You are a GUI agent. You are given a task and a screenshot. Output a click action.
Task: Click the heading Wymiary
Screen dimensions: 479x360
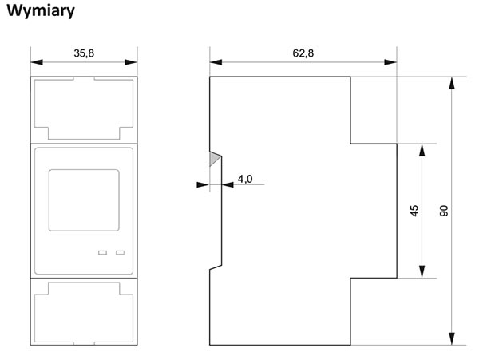[x=41, y=11]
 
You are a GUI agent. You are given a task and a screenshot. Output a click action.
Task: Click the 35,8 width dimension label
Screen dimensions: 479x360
[x=84, y=53]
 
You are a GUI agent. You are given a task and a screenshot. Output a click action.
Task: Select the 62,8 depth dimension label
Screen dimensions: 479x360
[x=303, y=53]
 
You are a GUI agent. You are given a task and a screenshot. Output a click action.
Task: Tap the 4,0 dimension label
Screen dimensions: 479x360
[x=245, y=179]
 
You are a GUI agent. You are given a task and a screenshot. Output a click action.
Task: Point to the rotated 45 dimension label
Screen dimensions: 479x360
[x=414, y=211]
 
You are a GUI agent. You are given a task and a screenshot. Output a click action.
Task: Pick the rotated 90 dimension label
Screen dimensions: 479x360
[x=444, y=211]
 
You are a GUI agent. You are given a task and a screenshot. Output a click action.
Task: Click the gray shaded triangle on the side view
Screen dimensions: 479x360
[x=215, y=159]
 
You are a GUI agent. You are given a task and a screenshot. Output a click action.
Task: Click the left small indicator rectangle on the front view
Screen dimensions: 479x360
[x=102, y=252]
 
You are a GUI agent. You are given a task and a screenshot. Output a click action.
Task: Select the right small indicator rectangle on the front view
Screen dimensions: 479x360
[x=120, y=252]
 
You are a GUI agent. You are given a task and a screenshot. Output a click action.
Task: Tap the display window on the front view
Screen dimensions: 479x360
[x=84, y=200]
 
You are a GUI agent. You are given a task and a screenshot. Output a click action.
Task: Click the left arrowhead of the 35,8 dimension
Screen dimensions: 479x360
[x=37, y=62]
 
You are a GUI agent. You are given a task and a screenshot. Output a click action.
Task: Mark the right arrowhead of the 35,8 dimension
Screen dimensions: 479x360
[x=131, y=62]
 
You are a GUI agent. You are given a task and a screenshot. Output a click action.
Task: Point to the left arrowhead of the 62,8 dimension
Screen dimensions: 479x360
[x=216, y=62]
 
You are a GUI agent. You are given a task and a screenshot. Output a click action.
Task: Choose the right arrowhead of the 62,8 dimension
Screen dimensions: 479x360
[x=390, y=62]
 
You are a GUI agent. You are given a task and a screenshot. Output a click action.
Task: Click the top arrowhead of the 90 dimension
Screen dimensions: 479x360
[x=452, y=83]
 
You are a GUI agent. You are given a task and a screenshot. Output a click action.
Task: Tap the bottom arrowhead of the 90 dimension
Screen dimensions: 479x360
[x=452, y=339]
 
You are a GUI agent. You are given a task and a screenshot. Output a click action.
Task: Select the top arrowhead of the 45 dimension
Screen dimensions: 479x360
[x=422, y=150]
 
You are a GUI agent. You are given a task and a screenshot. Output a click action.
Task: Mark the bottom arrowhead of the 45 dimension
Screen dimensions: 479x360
[x=422, y=271]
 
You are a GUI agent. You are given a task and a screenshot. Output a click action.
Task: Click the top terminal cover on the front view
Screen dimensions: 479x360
[x=84, y=110]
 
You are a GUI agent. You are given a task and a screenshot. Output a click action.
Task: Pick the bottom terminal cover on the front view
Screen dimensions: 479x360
[x=84, y=312]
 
